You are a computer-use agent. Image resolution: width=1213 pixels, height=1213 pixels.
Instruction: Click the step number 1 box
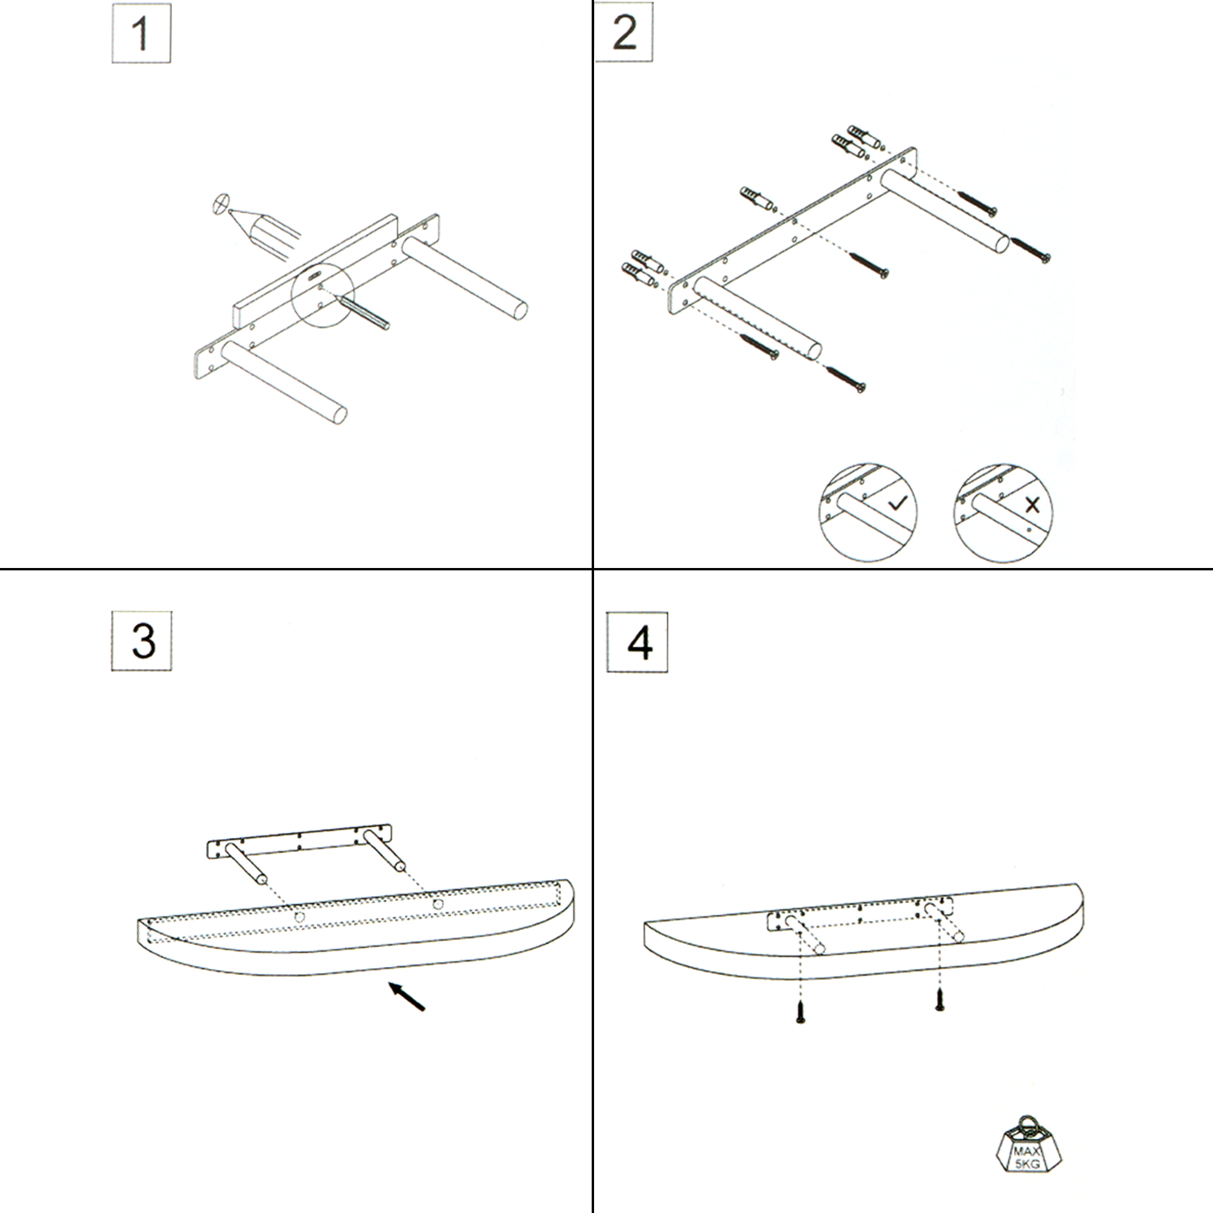tap(142, 33)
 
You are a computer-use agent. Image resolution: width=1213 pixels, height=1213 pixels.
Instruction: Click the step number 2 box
tap(624, 32)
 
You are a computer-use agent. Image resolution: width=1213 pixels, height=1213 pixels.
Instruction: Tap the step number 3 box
tap(142, 640)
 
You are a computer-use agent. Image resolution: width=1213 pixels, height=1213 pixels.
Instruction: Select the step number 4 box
tap(637, 641)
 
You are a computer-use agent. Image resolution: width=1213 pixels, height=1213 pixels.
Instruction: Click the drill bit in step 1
tap(364, 312)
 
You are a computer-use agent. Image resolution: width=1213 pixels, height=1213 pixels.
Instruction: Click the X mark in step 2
tap(1032, 504)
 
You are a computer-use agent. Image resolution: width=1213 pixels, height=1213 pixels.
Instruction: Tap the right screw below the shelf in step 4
tap(939, 999)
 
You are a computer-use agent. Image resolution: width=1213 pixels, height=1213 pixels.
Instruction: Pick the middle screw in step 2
tap(868, 265)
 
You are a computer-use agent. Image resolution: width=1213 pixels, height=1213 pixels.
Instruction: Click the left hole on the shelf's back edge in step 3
tap(300, 917)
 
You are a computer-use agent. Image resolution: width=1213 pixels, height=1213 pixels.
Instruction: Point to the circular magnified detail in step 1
tap(323, 295)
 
